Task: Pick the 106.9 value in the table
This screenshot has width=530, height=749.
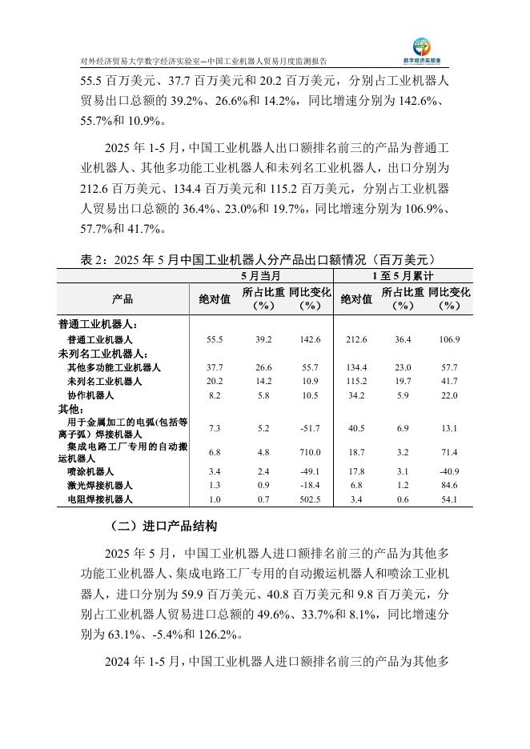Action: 450,339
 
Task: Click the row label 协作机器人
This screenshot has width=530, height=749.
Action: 91,395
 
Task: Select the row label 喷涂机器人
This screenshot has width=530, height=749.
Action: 91,471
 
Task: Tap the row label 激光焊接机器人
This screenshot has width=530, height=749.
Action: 100,485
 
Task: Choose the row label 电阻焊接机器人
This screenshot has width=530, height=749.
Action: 100,499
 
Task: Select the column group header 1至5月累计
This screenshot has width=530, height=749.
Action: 404,275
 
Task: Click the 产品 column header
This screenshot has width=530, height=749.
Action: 122,298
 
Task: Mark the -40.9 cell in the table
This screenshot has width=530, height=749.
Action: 450,471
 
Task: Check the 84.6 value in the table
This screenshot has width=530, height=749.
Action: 450,485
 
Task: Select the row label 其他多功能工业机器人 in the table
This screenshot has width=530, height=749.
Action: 114,367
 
